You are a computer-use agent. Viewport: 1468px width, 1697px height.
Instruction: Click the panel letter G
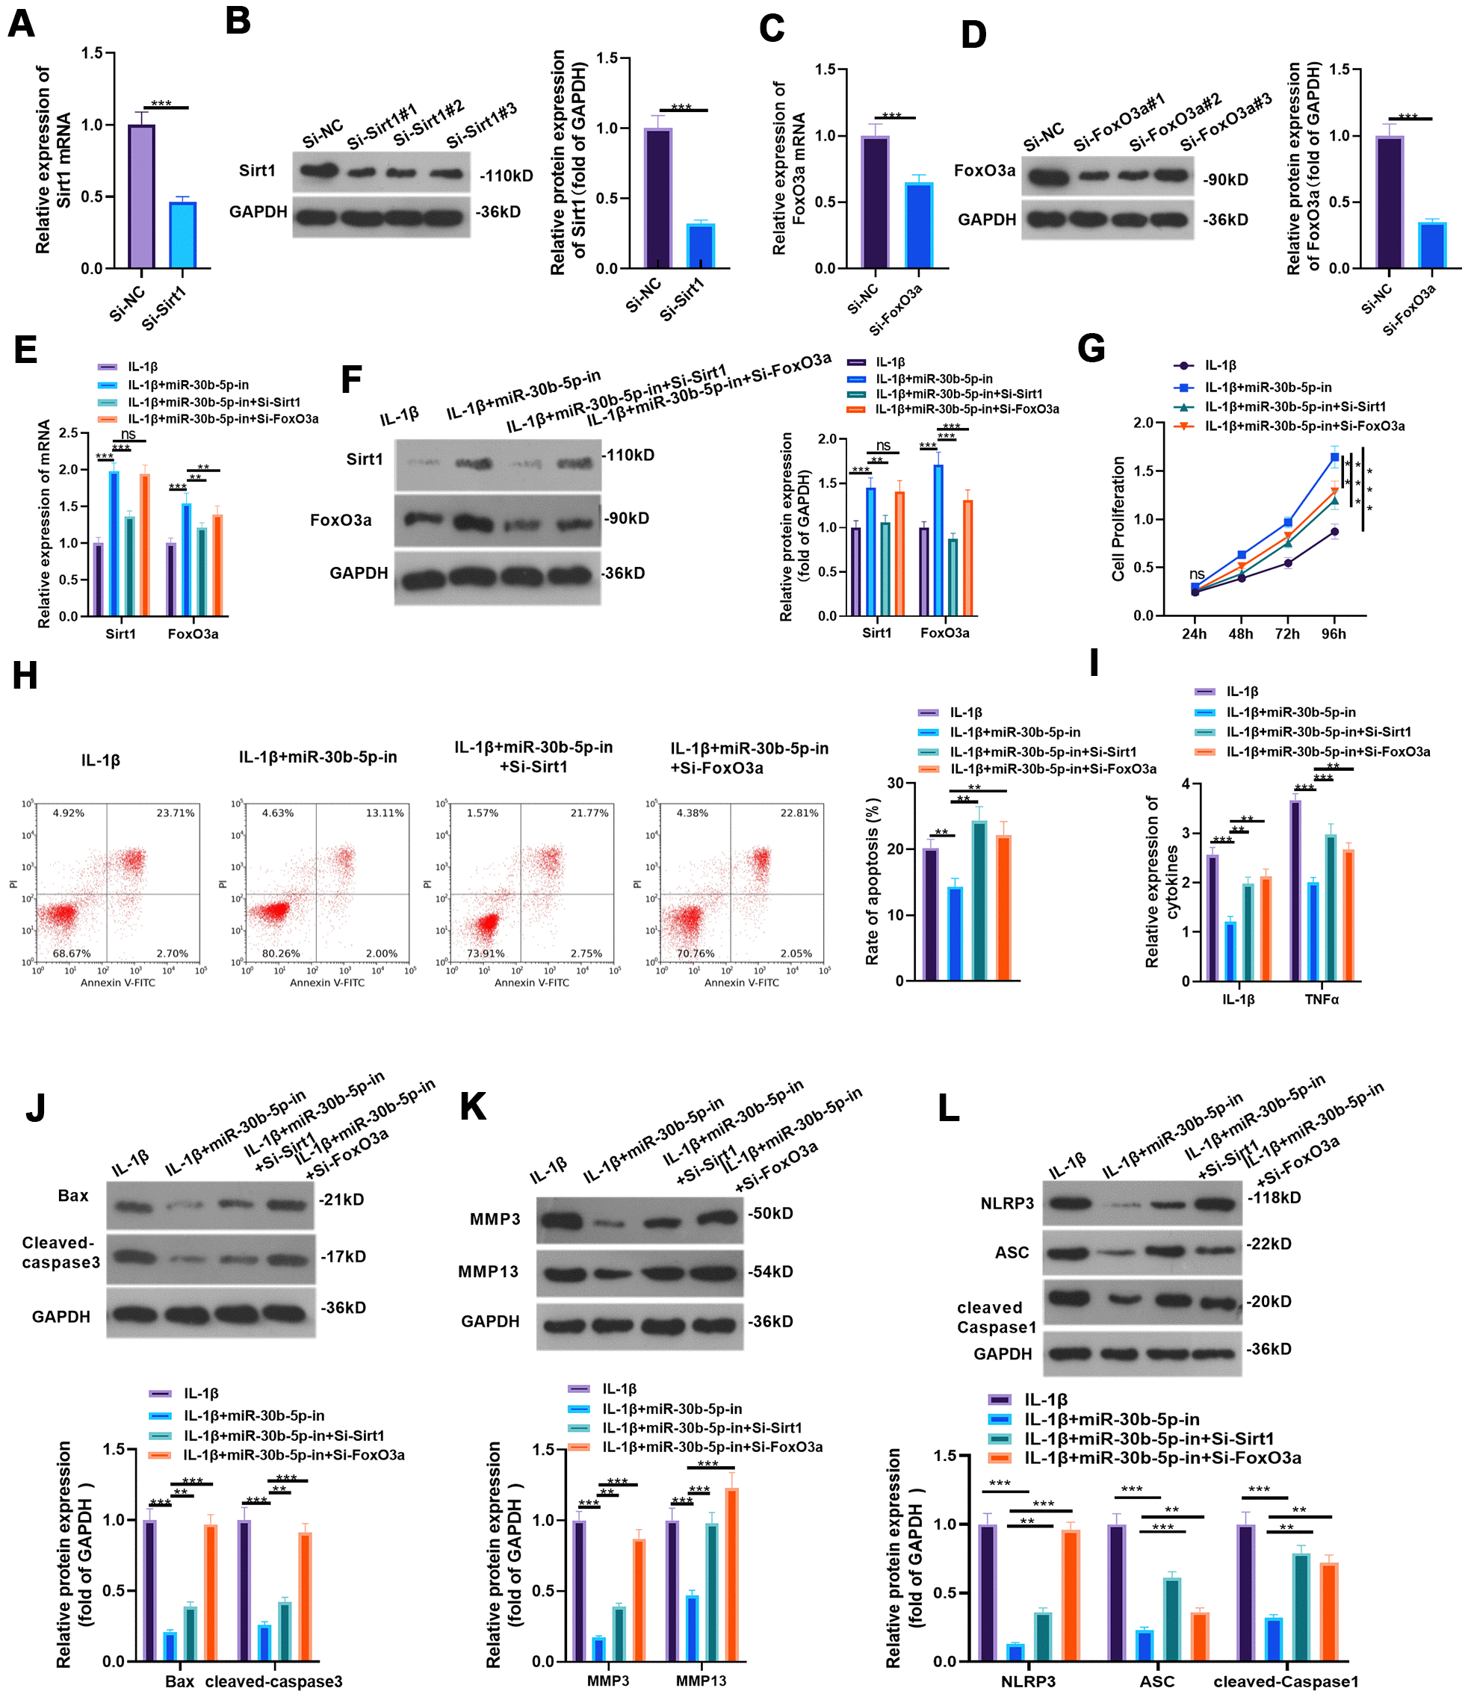(x=1091, y=349)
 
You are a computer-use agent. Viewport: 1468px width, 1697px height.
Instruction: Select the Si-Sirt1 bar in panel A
(x=183, y=235)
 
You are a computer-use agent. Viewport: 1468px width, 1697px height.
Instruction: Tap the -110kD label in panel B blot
(x=507, y=176)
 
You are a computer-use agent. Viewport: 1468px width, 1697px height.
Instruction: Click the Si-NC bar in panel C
(x=875, y=202)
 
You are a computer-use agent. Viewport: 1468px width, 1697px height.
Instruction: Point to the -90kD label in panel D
(x=1225, y=180)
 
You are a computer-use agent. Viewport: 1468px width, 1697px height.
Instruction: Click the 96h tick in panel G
(x=1334, y=634)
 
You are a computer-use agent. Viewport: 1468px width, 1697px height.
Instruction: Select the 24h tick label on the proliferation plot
(x=1195, y=634)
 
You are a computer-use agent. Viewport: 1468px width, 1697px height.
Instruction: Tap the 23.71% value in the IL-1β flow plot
(x=176, y=813)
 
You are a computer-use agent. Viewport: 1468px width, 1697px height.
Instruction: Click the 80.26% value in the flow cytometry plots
(x=281, y=953)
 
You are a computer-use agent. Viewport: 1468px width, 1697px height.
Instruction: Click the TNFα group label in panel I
(x=1322, y=1000)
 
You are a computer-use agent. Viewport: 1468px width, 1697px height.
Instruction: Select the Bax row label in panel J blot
(x=73, y=1196)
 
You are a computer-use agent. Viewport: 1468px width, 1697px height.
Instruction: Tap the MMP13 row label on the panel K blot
(x=489, y=1271)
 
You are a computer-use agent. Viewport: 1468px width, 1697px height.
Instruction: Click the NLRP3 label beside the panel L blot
(x=1007, y=1203)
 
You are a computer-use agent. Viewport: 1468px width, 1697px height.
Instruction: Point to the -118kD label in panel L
(x=1274, y=1197)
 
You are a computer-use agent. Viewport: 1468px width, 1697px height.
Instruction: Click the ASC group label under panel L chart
(x=1156, y=1681)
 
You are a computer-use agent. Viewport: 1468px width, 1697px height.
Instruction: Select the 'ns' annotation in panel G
(x=1197, y=574)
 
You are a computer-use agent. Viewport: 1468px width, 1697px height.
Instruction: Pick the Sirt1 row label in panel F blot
(x=365, y=459)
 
